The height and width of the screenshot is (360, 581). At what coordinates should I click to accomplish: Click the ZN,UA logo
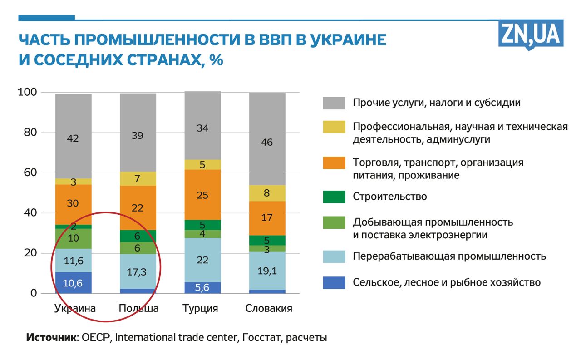[x=531, y=34]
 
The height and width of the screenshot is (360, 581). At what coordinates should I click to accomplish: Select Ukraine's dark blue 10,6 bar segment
[x=73, y=283]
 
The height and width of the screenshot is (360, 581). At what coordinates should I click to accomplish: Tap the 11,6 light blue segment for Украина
[x=73, y=261]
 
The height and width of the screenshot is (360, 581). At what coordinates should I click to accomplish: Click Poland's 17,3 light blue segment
[x=138, y=271]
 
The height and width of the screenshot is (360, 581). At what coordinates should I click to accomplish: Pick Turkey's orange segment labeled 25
[x=202, y=195]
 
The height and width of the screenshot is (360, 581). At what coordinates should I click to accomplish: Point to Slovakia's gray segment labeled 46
[x=267, y=142]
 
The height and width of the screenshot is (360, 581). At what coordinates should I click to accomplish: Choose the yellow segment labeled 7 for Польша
[x=138, y=178]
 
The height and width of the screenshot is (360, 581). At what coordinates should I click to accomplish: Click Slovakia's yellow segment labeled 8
[x=267, y=193]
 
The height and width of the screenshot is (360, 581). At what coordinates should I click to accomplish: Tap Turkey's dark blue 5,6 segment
[x=202, y=287]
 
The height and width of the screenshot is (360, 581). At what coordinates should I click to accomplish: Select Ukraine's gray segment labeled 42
[x=73, y=138]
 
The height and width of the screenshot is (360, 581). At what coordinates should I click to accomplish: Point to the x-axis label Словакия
[x=268, y=309]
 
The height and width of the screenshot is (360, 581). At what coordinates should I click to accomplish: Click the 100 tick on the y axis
[x=26, y=93]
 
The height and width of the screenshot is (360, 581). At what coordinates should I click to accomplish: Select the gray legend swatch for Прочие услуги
[x=334, y=103]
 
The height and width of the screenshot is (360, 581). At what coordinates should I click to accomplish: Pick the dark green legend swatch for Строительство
[x=334, y=197]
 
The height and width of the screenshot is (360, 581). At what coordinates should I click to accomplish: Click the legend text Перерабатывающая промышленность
[x=449, y=256]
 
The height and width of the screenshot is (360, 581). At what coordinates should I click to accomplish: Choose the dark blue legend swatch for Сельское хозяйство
[x=334, y=282]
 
